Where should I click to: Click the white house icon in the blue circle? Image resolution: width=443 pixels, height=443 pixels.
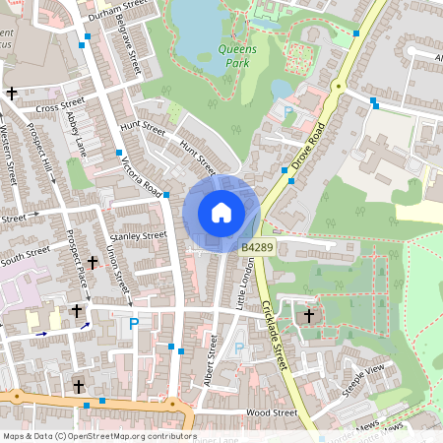point(221,212)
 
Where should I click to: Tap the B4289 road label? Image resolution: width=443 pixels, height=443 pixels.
point(257,251)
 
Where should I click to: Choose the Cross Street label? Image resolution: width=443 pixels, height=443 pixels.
point(60,105)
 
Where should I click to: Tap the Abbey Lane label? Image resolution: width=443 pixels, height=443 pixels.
point(77,132)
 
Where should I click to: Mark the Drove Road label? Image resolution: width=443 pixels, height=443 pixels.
point(308,144)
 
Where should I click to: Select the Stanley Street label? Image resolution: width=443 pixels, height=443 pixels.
point(140,236)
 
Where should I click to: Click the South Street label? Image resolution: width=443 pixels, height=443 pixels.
point(25,253)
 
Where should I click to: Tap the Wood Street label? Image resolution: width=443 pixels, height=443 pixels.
point(272,413)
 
